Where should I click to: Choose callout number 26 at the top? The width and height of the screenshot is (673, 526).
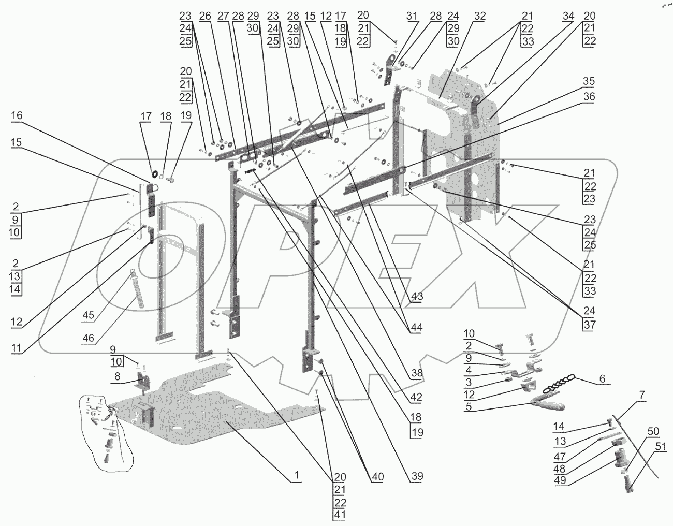coord(205,16)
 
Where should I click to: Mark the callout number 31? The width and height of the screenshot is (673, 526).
coord(412,16)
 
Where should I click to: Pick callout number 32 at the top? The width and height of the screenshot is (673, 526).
coord(480,16)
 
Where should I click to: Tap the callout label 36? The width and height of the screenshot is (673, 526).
coord(589,96)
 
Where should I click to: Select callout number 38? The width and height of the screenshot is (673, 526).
coord(417,372)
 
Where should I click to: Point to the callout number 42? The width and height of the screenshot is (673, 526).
coord(417,398)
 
